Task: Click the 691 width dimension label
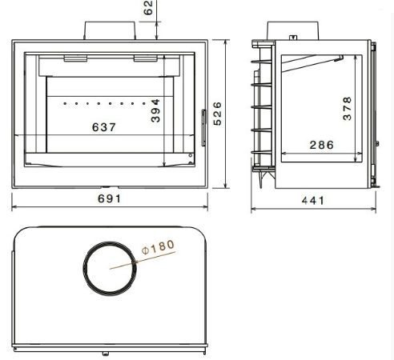[x=110, y=198]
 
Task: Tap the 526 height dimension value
[x=218, y=114]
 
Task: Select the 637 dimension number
[x=104, y=127]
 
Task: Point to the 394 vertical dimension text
[x=155, y=110]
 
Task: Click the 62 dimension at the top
[x=148, y=8]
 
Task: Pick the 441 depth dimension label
[x=313, y=201]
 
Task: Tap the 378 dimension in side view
[x=348, y=109]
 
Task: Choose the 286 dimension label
[x=322, y=145]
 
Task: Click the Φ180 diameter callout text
[x=159, y=247]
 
